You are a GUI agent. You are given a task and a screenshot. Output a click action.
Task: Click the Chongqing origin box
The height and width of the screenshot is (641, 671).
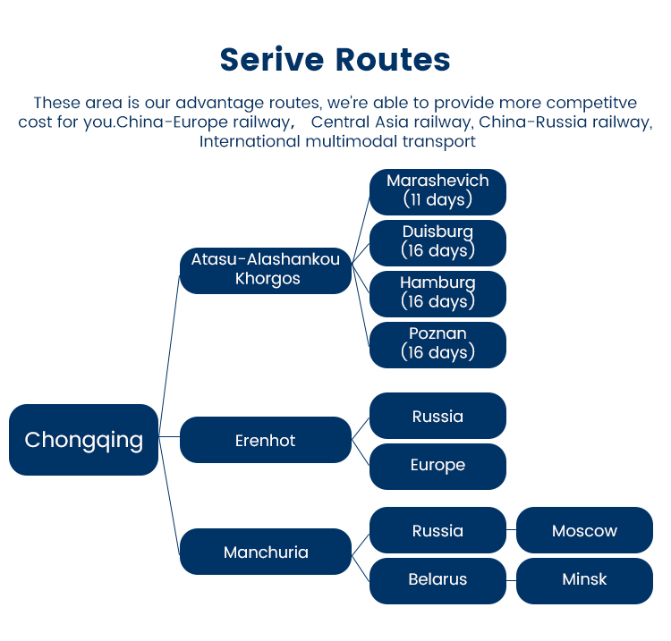83,440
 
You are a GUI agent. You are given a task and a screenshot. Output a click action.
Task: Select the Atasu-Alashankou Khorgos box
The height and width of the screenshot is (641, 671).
266,270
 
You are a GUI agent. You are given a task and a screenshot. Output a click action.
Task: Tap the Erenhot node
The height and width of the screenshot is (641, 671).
266,440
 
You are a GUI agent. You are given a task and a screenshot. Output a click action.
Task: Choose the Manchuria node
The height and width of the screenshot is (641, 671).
266,552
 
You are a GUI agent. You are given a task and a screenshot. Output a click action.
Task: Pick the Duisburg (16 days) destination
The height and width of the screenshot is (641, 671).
437,242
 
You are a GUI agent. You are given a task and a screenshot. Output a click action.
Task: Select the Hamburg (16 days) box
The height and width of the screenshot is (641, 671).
437,293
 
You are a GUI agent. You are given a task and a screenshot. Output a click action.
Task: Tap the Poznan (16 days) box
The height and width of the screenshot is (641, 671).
437,344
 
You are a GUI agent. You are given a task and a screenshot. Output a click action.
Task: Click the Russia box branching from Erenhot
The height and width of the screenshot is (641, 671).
437,416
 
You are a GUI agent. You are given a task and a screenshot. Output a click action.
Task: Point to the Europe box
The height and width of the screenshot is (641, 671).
437,466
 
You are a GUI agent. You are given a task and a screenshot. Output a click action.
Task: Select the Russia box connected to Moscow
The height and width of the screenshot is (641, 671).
437,530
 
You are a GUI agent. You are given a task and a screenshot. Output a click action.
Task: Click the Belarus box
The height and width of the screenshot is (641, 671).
437,580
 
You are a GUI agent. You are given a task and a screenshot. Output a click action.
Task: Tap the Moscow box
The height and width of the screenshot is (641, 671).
584,530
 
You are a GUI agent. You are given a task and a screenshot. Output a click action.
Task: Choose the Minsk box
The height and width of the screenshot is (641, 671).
584,580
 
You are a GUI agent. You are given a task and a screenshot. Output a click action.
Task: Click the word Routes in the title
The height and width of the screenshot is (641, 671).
393,60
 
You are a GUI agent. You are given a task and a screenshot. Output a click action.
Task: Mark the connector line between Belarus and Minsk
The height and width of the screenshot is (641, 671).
511,580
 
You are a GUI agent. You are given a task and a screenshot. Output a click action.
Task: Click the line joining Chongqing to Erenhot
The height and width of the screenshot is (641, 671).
169,437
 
